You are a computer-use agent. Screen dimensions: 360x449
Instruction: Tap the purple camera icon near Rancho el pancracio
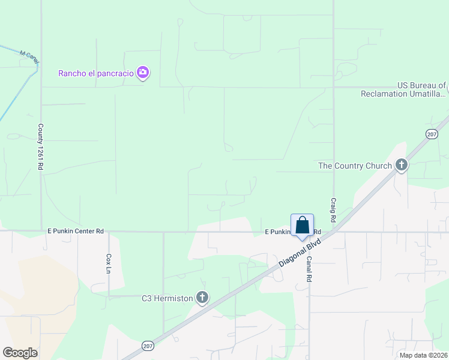[143, 73]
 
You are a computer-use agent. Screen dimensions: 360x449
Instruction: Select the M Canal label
[29, 55]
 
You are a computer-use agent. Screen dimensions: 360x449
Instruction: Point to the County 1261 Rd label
[41, 146]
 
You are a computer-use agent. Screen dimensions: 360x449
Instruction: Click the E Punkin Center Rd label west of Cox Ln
[76, 230]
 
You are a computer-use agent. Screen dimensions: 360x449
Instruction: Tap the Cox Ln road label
[109, 263]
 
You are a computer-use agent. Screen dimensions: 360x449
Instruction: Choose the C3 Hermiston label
[167, 298]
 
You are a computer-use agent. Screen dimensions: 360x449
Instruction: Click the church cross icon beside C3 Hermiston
[202, 298]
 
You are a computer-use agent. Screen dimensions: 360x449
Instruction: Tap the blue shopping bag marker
[303, 226]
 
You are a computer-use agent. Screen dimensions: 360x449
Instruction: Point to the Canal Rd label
[309, 270]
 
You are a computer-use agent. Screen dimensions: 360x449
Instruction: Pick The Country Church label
[355, 166]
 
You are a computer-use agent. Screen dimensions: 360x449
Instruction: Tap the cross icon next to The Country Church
[401, 165]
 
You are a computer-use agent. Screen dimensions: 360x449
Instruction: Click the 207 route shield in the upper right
[432, 135]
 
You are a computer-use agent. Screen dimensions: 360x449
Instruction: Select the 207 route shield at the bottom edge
[148, 346]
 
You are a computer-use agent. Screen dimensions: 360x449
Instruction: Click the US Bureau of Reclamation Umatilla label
[403, 90]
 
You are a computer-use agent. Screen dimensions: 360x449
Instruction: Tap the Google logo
[20, 353]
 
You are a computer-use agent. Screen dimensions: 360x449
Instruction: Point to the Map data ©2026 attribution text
[423, 355]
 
